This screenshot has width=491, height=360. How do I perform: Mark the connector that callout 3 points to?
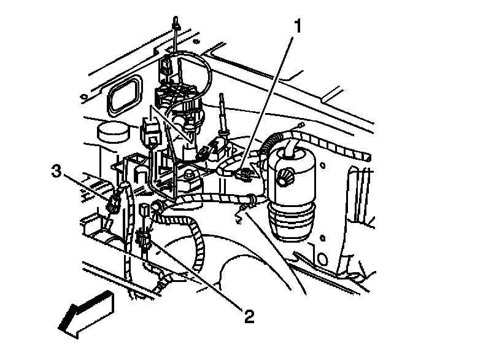click(x=112, y=204)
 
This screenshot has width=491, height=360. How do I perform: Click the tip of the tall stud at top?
click(x=176, y=23)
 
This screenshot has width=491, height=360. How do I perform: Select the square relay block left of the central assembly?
click(x=150, y=130)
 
